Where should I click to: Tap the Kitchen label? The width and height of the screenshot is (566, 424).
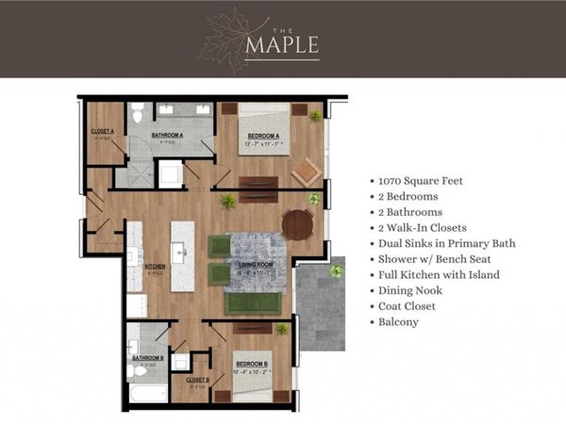pyautogui.click(x=154, y=266)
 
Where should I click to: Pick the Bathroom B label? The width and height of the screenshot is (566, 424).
pyautogui.click(x=147, y=358)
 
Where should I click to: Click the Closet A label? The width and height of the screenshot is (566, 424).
pyautogui.click(x=102, y=132)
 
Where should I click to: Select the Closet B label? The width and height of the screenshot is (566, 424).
pyautogui.click(x=196, y=380)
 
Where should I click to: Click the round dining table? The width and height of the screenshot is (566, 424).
pyautogui.click(x=297, y=224)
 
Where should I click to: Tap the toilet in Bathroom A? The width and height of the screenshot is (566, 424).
pyautogui.click(x=138, y=114)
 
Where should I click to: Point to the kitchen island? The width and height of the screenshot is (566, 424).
pyautogui.click(x=182, y=255)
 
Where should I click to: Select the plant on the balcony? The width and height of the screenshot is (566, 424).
pyautogui.click(x=336, y=271)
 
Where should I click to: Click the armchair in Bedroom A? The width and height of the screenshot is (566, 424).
pyautogui.click(x=306, y=172)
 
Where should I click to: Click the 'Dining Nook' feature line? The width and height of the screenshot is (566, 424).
pyautogui.click(x=408, y=290)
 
